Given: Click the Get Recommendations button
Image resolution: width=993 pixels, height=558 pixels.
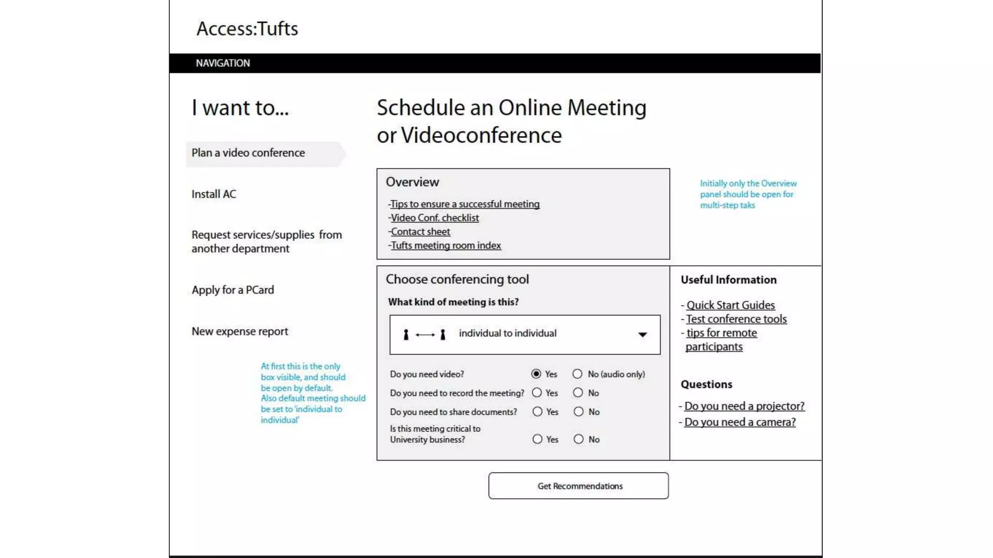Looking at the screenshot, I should coord(578,486).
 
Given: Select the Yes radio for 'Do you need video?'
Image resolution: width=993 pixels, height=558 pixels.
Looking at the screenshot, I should coord(536,374).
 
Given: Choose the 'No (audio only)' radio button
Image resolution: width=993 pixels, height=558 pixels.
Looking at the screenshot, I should coord(577,374).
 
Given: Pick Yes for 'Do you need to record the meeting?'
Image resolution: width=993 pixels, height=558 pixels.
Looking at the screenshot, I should coord(537,393).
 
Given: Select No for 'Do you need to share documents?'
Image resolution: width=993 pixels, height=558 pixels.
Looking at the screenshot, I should coord(578,412).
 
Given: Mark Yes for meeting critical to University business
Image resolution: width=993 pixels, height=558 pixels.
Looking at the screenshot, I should coord(537,439).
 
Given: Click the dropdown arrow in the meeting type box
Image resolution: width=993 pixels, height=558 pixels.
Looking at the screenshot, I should coord(642,335).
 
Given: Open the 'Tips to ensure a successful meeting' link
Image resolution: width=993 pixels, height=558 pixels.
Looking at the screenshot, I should coord(465,204).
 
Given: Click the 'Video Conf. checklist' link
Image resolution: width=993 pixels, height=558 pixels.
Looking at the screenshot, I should coord(435,218).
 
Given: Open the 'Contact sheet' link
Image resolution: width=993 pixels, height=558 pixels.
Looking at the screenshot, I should coord(420,232).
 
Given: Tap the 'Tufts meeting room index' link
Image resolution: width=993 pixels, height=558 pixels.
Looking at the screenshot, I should coord(446,246).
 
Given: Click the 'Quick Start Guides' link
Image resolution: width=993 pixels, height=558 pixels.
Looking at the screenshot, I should coord(731,305).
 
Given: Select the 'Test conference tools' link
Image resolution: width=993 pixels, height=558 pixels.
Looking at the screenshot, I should coord(737,319).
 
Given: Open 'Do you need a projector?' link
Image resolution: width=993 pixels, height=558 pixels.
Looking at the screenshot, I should coord(744,406).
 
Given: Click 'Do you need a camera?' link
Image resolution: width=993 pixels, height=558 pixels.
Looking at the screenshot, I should coord(740,422).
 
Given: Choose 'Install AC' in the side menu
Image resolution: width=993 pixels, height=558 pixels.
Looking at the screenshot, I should coord(214,194).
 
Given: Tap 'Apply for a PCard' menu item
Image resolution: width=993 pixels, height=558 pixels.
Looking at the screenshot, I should coord(233,290).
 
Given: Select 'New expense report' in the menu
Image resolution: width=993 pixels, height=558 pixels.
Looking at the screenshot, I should coord(240,331).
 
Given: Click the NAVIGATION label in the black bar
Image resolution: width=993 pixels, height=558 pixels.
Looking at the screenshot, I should coord(223,63).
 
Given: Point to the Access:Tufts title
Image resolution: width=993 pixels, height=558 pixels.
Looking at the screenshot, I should coord(247,29).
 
